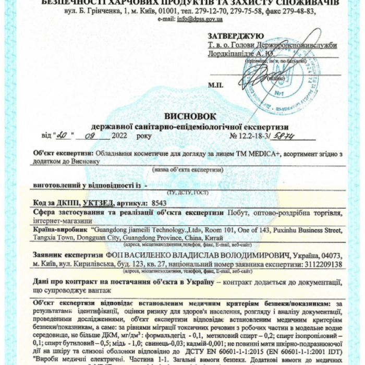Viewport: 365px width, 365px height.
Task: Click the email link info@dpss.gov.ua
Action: click(200, 19)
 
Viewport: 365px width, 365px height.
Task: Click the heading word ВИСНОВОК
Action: click(184, 116)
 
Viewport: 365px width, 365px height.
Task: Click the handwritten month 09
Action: click(94, 135)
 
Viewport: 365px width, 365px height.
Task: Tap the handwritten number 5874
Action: click(298, 135)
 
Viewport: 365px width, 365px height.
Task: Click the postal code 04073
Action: click(331, 256)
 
